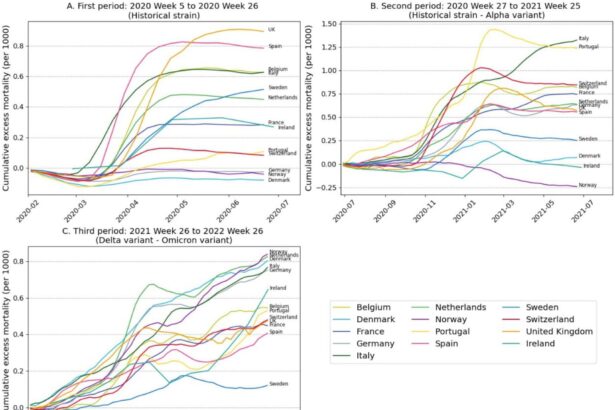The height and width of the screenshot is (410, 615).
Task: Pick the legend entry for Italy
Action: tap(375, 372)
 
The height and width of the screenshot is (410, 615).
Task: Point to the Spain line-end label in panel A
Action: tap(275, 47)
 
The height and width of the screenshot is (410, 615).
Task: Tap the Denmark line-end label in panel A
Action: tap(278, 180)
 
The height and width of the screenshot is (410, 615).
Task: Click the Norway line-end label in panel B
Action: tap(588, 186)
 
